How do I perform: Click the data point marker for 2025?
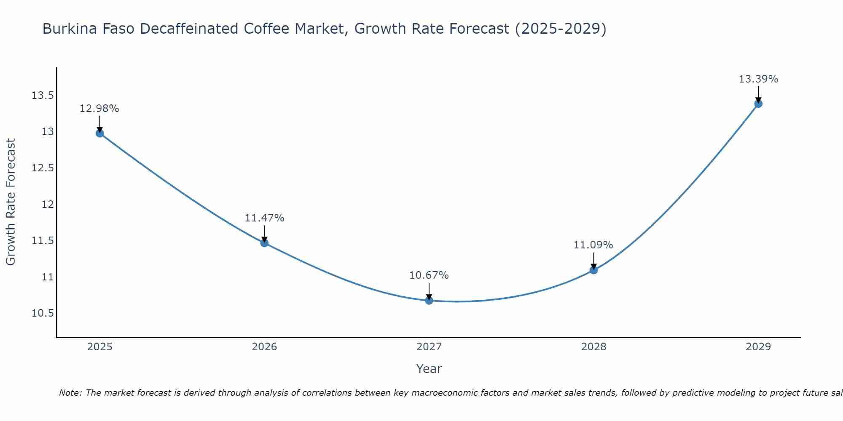pos(100,133)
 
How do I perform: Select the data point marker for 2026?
pos(264,243)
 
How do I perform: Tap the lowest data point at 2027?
pos(429,301)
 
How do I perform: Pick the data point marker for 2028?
pos(593,270)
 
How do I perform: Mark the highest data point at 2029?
pos(758,104)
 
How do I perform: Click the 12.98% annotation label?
pos(99,109)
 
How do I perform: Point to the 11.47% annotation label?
pos(264,218)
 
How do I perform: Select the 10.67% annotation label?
pos(429,275)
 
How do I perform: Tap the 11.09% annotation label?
pos(593,245)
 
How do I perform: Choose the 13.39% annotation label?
pos(758,79)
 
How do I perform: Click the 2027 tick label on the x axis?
pos(429,347)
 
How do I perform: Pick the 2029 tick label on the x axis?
pos(758,347)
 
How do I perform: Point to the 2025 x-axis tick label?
pos(100,347)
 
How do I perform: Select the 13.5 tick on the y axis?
pos(43,96)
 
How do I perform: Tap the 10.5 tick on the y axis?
pos(43,314)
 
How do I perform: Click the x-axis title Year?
pos(429,369)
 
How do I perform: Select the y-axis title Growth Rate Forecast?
pos(11,202)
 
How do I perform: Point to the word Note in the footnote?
pos(70,393)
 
